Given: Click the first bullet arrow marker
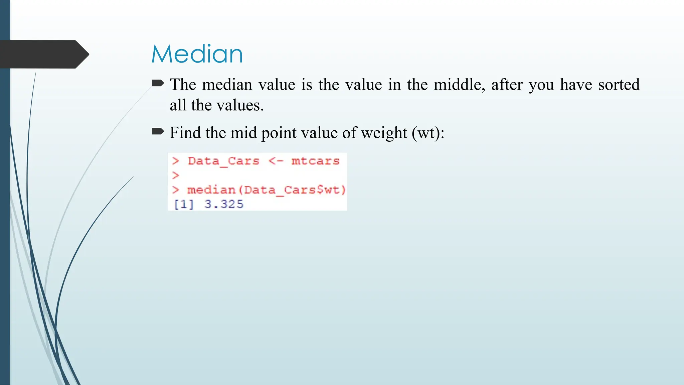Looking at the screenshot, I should coord(158,83).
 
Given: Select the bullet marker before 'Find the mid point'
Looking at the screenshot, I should coord(158,131).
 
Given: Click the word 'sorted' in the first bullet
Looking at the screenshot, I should coord(619,84).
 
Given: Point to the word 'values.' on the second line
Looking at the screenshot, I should coord(240,105).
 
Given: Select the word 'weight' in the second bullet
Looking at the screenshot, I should coord(384,133).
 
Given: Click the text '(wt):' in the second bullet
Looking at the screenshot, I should coord(428,133).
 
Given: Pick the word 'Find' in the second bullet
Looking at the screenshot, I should coord(185,133).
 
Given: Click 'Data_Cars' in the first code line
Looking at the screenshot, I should coord(223,161).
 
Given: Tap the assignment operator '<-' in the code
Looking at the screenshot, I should coord(276,161).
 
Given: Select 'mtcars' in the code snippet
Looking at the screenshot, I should coord(315,161).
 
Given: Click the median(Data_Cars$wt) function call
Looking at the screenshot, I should coord(266,190).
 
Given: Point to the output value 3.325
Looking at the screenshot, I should coord(224,204).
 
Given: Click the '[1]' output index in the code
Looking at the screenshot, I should coord(184,204).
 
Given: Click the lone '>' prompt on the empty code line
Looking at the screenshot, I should coord(176,175).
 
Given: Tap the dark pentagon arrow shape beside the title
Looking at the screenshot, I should coord(43,54).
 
